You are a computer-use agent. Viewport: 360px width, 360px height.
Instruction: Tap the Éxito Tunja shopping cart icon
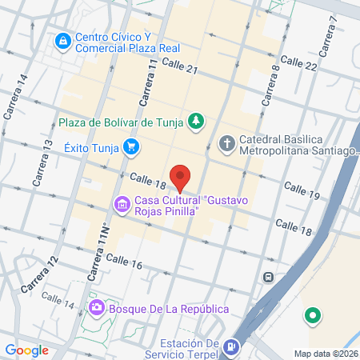pos(132,147)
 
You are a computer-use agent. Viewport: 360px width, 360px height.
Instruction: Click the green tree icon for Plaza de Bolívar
pos(196,122)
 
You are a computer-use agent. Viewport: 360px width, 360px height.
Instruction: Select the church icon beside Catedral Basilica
pos(226,144)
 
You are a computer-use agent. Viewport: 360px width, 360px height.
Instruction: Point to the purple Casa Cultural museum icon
pos(122,206)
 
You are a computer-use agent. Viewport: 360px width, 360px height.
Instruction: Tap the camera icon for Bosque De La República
pos(97,308)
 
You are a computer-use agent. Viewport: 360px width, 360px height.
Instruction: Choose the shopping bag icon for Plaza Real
pos(62,39)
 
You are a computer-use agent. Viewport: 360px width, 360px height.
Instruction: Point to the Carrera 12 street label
pos(41,274)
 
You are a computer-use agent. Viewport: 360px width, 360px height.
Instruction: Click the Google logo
pos(26,350)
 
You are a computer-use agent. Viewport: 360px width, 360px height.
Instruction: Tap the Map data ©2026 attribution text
pos(325,354)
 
